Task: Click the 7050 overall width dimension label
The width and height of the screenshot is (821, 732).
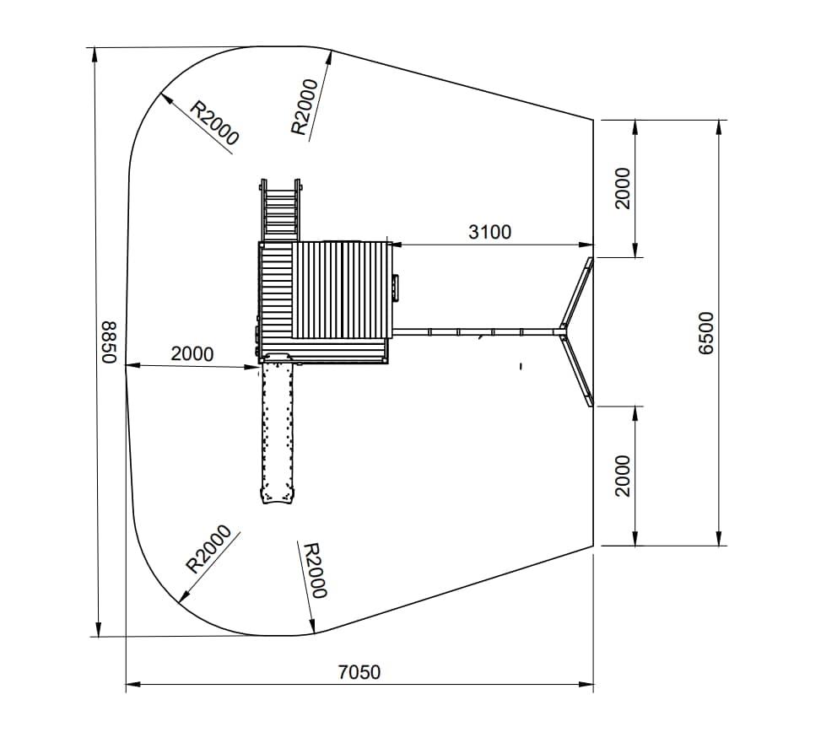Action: (x=359, y=672)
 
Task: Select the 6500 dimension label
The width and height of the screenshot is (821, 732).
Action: (x=706, y=333)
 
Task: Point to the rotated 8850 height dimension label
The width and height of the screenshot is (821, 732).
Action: (x=109, y=342)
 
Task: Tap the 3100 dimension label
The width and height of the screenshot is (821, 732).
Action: (x=489, y=232)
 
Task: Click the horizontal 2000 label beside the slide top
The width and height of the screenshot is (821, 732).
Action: (x=192, y=354)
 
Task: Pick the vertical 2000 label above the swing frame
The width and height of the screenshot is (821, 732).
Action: (x=623, y=188)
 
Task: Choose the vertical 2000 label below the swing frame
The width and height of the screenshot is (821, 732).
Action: (x=623, y=476)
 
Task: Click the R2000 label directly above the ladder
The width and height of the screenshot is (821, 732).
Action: (x=305, y=107)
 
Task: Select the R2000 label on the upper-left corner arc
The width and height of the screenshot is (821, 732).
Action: (x=214, y=123)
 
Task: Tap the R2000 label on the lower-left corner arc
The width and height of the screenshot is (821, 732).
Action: (x=209, y=549)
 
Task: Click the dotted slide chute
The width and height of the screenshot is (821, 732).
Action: (x=277, y=430)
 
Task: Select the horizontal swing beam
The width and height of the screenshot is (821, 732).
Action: (x=476, y=331)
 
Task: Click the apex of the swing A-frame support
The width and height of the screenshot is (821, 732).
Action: (x=563, y=331)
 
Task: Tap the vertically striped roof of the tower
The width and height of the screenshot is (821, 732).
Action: (x=342, y=290)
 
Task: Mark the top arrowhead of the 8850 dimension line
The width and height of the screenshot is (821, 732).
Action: (x=95, y=55)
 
